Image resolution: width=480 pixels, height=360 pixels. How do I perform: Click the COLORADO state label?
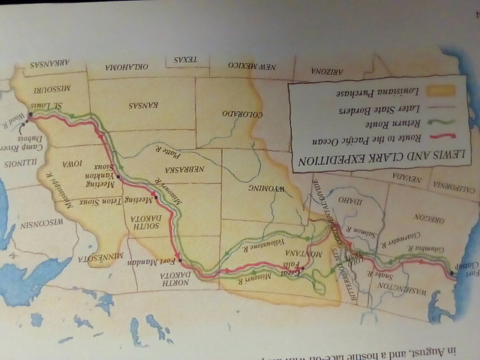pyautogui.click(x=241, y=115)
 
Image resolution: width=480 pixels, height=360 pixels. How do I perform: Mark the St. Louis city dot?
pyautogui.click(x=30, y=115)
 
